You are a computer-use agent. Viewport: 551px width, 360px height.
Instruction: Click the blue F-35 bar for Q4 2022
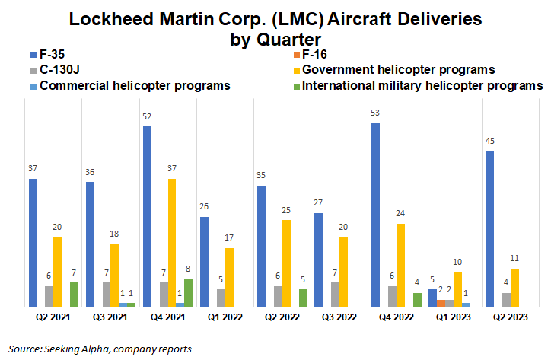(x=375, y=215)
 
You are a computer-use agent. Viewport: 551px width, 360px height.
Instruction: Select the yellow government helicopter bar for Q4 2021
(x=172, y=242)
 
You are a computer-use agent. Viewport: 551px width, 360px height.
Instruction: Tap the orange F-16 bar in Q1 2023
(x=442, y=302)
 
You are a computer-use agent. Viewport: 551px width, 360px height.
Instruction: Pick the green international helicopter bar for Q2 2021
(x=74, y=294)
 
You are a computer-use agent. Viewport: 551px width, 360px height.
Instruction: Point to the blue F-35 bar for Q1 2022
(x=204, y=261)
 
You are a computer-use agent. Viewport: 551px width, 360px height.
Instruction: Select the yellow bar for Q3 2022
(x=343, y=272)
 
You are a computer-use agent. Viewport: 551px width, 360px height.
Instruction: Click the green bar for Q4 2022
(x=416, y=299)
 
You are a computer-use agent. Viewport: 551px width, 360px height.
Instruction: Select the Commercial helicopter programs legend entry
(x=129, y=85)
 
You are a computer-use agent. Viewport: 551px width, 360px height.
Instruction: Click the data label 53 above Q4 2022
(x=375, y=114)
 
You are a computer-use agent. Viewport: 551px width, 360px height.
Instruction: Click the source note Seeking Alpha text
(x=100, y=349)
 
